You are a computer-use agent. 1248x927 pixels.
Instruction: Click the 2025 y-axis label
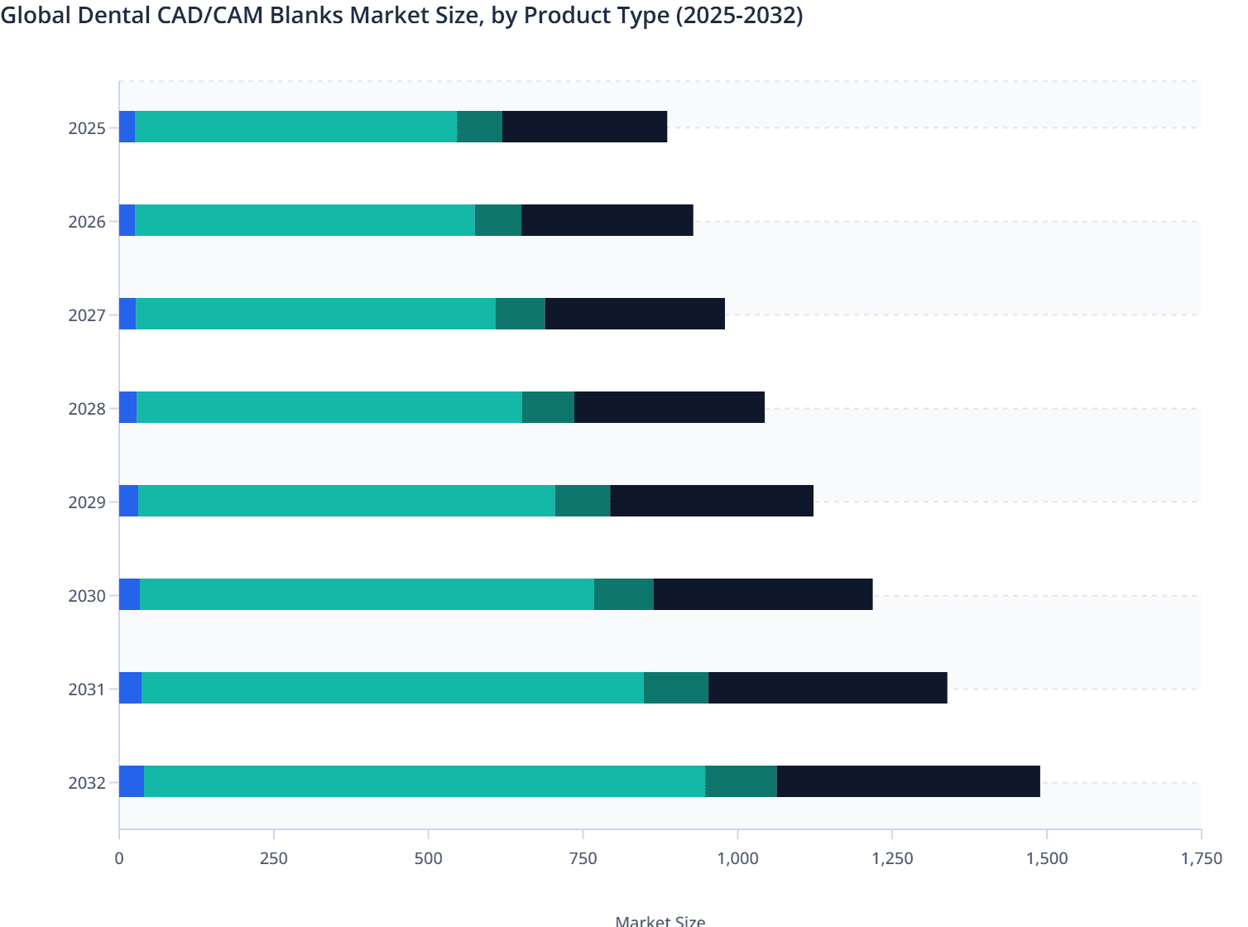pyautogui.click(x=87, y=128)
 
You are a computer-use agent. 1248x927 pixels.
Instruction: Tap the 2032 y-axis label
pyautogui.click(x=87, y=783)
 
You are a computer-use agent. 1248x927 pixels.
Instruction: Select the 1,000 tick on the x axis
pyautogui.click(x=737, y=858)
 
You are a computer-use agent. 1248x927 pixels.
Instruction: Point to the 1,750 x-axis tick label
pyautogui.click(x=1201, y=858)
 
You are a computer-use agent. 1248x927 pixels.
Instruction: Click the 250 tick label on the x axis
pyautogui.click(x=274, y=858)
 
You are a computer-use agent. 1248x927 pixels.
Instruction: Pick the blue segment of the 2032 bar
pyautogui.click(x=132, y=781)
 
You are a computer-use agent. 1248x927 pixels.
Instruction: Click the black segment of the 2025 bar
pyautogui.click(x=584, y=127)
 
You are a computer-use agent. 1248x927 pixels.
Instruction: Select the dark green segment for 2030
pyautogui.click(x=623, y=594)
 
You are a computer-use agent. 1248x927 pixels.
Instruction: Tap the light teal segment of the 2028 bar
pyautogui.click(x=329, y=407)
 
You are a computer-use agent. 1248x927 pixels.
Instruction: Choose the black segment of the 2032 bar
pyautogui.click(x=908, y=781)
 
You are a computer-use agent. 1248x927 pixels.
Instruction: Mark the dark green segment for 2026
pyautogui.click(x=498, y=220)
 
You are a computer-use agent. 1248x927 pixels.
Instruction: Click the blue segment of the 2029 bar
pyautogui.click(x=128, y=501)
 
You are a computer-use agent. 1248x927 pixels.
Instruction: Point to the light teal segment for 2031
pyautogui.click(x=392, y=688)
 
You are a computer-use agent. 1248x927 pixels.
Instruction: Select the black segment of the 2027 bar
pyautogui.click(x=635, y=314)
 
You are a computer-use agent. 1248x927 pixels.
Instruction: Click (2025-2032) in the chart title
pyautogui.click(x=739, y=16)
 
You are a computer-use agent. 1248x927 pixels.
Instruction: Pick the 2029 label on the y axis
pyautogui.click(x=87, y=502)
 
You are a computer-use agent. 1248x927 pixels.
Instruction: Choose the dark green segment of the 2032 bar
pyautogui.click(x=741, y=781)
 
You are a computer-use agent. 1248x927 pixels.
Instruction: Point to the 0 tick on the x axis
pyautogui.click(x=119, y=858)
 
